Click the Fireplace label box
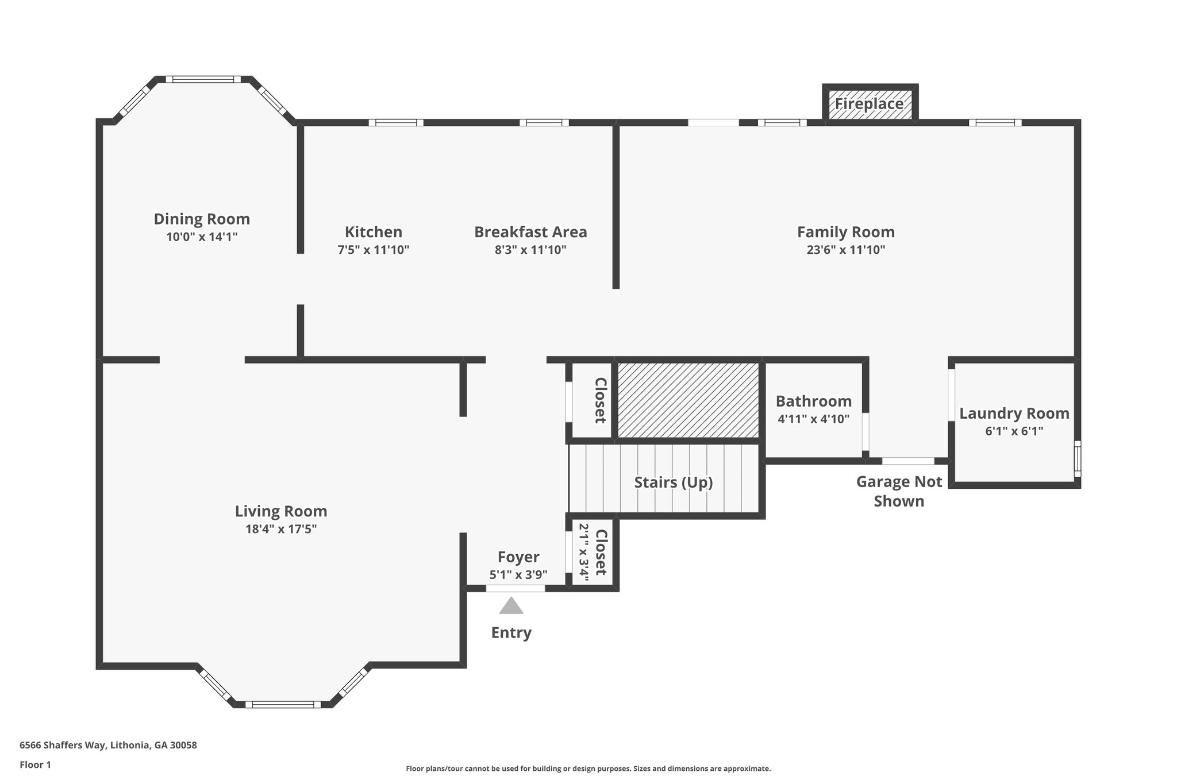tap(870, 104)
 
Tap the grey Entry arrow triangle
tap(511, 607)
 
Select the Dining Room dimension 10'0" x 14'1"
tap(202, 237)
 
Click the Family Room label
tap(845, 232)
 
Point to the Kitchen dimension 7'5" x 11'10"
tap(373, 250)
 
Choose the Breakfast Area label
tap(530, 232)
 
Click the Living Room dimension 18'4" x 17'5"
tap(281, 529)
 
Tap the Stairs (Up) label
tap(673, 482)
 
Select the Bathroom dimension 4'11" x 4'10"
tap(813, 419)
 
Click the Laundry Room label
tap(1014, 414)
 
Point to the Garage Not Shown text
tap(899, 491)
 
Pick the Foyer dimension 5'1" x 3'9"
tap(518, 574)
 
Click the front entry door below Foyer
tap(516, 588)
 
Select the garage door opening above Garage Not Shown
tap(908, 461)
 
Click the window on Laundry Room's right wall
tap(1077, 458)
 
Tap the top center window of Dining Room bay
tap(203, 79)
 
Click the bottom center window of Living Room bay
tap(283, 704)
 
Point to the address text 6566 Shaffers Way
tap(108, 746)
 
